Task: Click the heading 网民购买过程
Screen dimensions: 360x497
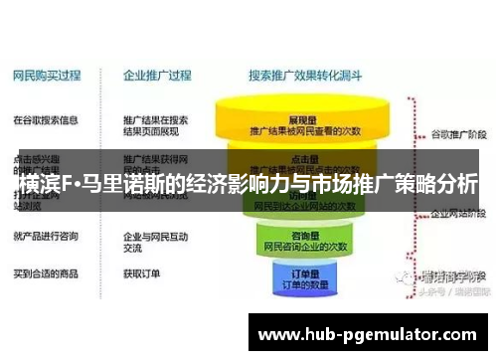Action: [x=46, y=74]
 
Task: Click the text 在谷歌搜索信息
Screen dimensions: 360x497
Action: [x=45, y=119]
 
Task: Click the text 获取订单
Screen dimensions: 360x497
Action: [x=142, y=271]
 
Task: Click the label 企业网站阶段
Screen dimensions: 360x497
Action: [x=454, y=212]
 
